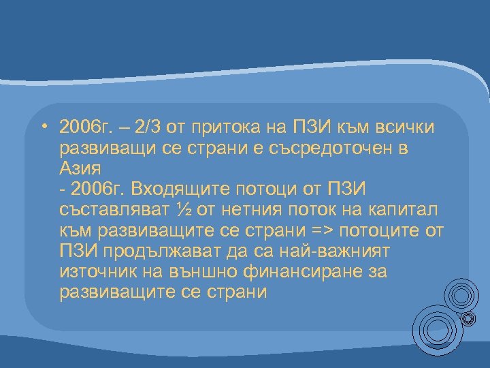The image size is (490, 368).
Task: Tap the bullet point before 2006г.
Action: coord(42,127)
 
